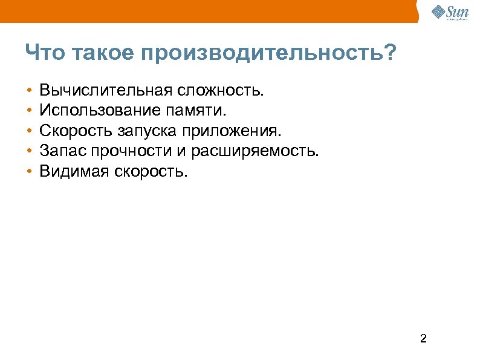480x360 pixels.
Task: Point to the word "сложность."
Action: click(220, 91)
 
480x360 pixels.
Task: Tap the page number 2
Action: click(423, 338)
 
